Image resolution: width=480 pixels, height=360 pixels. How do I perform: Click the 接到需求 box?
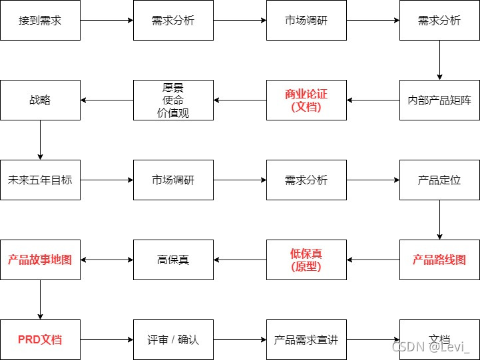point(40,20)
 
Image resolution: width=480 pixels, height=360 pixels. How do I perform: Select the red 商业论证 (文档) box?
point(306,100)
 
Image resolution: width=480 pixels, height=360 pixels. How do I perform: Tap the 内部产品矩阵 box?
point(439,100)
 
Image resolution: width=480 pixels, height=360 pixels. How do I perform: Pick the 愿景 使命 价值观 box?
point(173,100)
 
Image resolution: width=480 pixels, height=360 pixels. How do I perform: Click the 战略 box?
point(40,100)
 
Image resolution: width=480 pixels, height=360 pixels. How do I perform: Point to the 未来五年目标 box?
point(40,180)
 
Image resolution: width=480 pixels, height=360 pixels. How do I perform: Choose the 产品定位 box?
point(439,180)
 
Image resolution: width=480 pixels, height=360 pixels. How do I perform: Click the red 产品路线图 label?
point(439,260)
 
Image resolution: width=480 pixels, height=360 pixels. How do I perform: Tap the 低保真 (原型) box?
point(306,260)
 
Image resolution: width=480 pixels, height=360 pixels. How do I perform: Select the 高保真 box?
point(173,260)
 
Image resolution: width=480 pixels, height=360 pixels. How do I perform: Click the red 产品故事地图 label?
point(40,260)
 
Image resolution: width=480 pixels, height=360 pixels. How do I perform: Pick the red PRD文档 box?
point(40,339)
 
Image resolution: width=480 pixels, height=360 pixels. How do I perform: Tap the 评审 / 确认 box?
point(173,339)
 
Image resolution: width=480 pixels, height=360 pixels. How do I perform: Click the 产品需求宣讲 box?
point(306,339)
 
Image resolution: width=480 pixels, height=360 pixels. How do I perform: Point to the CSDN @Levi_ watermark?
point(431,347)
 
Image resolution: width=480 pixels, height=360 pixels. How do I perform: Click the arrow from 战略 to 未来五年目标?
point(40,140)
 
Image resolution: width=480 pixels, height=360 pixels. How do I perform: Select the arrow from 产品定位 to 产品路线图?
point(439,220)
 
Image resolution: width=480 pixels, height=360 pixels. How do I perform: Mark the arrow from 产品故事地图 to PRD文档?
point(40,299)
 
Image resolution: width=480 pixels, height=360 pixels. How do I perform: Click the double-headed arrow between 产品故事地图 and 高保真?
point(107,260)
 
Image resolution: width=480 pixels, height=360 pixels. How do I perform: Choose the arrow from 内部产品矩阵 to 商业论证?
point(373,100)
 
